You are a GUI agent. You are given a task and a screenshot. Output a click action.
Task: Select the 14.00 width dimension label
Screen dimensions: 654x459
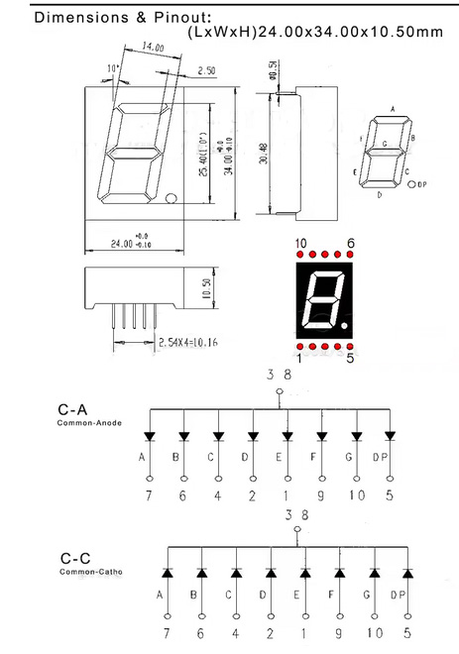pos(152,47)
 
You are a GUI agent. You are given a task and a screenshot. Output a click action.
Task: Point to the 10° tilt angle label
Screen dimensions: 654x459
pos(114,67)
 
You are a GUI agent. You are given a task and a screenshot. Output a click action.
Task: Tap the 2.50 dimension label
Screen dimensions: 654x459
pos(207,70)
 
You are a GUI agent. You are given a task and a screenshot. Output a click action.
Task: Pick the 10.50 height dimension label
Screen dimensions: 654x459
pos(207,287)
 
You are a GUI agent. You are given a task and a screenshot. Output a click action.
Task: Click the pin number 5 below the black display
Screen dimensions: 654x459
pos(350,359)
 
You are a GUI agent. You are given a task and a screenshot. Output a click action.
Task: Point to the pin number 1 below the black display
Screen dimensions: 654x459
pos(299,359)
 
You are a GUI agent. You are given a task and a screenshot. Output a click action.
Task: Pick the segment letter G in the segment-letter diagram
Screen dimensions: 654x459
pos(384,144)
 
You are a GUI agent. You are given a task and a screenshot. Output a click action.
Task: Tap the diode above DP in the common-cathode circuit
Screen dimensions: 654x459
pos(407,573)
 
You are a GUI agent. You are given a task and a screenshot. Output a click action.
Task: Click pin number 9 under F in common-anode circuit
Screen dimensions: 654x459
pos(321,495)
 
